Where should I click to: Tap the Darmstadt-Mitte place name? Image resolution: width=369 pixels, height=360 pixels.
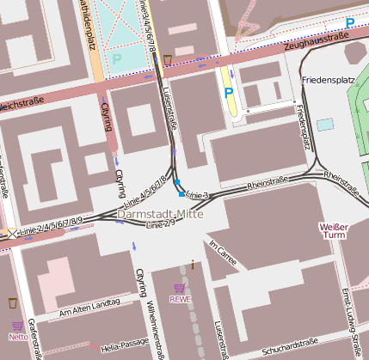point(159,215)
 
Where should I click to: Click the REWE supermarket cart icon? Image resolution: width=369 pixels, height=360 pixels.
point(179,289)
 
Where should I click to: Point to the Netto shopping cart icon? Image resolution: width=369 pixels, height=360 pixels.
point(17,326)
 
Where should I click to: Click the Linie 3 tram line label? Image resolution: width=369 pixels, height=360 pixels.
point(197,195)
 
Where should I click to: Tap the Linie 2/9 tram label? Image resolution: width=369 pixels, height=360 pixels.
point(161,225)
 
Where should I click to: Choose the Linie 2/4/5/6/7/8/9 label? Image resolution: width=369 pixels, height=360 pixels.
point(46,225)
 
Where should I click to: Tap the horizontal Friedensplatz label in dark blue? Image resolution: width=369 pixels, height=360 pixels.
point(327,80)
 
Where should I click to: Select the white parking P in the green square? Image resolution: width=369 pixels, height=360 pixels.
point(117,59)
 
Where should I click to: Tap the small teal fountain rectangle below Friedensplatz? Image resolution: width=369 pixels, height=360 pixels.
point(324,124)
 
